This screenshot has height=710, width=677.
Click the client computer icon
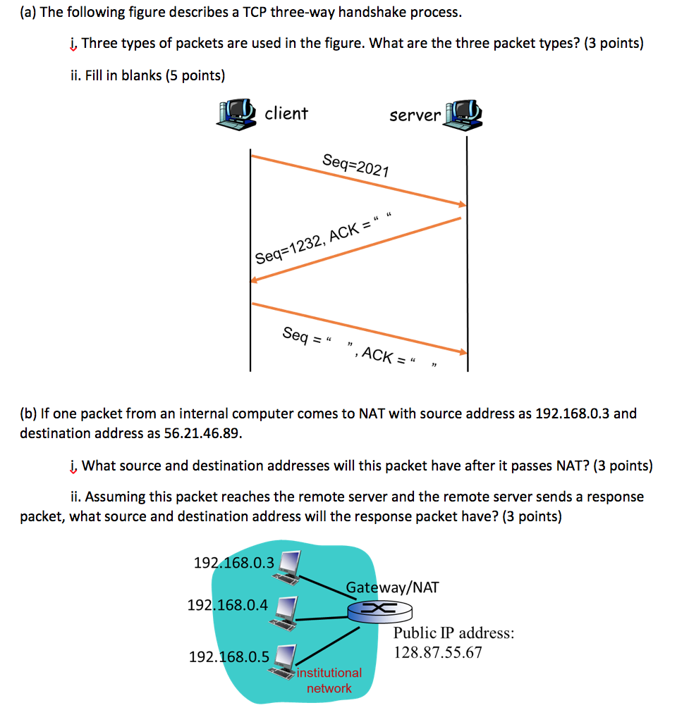238,113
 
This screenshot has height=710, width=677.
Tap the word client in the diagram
286,113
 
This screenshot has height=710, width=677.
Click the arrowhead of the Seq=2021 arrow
463,205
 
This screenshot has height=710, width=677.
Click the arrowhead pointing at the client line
255,280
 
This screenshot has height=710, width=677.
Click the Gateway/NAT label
392,587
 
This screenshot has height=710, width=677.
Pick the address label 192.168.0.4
228,604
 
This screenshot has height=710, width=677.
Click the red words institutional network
329,680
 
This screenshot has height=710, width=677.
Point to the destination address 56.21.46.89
202,433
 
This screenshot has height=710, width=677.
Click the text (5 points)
195,75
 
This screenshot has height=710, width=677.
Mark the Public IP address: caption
453,633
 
